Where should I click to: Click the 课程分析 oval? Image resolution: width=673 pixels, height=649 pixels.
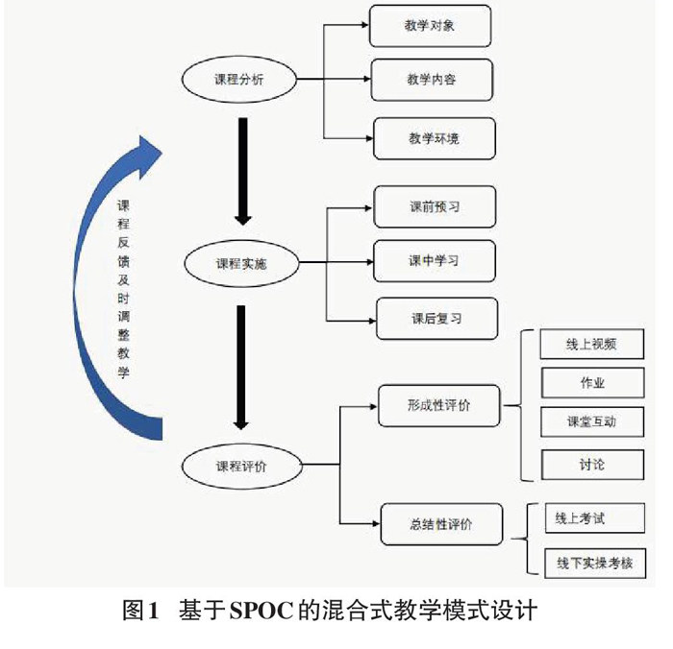238,80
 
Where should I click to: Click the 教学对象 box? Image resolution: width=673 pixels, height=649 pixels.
430,26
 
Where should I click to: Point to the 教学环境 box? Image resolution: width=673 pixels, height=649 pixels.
434,138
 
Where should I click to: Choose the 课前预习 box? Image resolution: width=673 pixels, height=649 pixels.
435,206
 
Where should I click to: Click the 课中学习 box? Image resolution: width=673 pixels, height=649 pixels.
435,260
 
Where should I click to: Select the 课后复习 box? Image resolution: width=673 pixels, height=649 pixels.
436,318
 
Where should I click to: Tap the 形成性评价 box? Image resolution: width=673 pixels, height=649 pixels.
438,405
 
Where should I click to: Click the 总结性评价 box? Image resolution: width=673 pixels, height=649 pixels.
441,524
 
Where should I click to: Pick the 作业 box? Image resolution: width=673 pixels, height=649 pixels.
592,383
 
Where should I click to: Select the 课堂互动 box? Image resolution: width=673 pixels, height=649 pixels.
592,422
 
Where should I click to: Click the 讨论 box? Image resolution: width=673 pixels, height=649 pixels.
592,465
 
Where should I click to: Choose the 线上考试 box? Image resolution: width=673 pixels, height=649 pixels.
580,519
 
